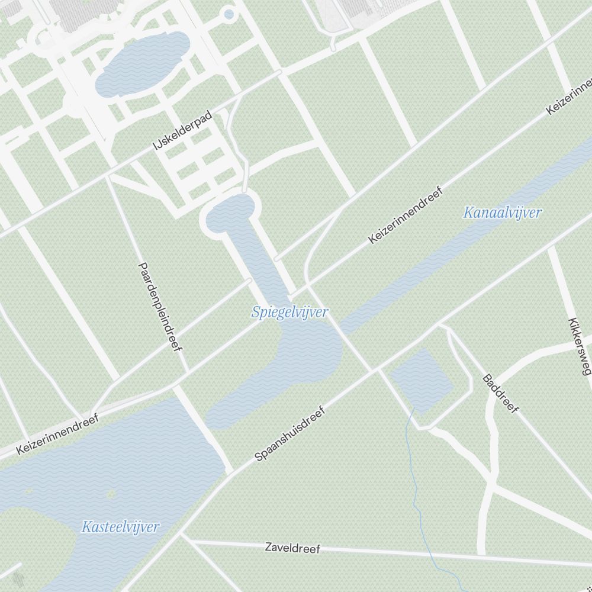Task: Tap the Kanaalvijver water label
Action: tap(503, 213)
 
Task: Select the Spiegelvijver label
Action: tap(289, 312)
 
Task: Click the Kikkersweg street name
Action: tap(579, 347)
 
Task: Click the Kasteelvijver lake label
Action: tap(121, 526)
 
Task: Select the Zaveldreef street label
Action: tap(292, 548)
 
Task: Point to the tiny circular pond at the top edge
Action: tap(229, 14)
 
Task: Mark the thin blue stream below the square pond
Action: tap(416, 485)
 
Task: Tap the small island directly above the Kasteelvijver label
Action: tap(111, 493)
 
